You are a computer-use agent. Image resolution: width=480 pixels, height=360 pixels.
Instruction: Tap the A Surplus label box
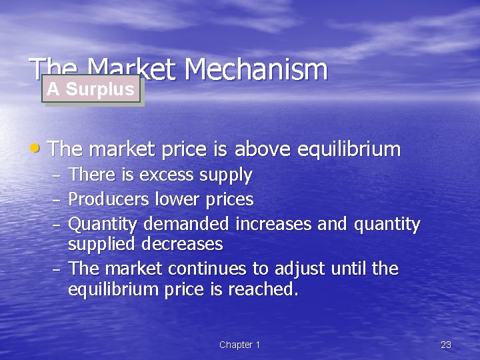91,89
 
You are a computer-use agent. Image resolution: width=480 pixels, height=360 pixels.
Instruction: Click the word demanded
185,224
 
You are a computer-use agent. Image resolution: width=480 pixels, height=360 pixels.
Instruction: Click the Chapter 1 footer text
239,345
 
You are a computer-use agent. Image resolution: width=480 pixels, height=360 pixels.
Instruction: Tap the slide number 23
446,345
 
